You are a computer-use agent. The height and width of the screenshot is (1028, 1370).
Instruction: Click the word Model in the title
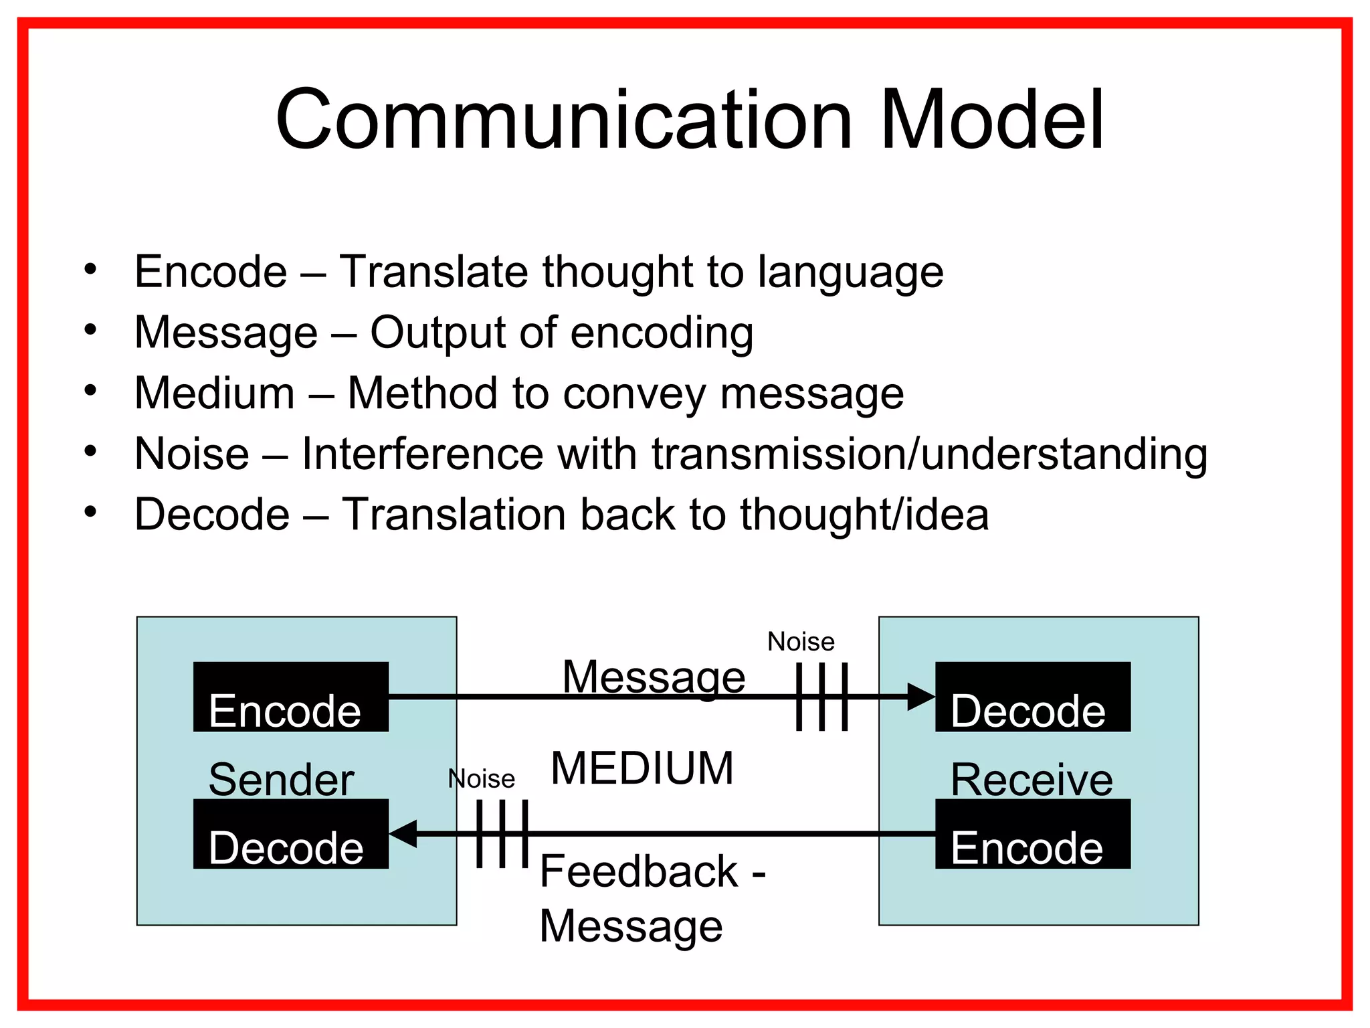(991, 120)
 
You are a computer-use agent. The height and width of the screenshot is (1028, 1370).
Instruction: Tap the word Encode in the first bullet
(211, 272)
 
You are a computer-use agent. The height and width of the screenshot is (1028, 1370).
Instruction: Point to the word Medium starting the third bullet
(215, 394)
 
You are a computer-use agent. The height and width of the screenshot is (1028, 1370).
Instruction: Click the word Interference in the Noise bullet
(422, 454)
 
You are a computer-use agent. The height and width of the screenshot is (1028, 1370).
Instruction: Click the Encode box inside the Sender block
(290, 697)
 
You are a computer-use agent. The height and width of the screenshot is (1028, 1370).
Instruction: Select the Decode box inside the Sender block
(290, 835)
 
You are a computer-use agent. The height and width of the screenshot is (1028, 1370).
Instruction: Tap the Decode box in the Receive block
(1032, 697)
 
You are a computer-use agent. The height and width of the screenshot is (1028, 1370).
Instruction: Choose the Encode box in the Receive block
(1032, 835)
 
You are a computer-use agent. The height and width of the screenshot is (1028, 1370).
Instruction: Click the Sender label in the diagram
(281, 780)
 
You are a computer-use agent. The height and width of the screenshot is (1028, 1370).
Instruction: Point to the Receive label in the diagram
(1032, 780)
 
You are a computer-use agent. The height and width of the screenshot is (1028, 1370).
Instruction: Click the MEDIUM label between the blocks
(642, 768)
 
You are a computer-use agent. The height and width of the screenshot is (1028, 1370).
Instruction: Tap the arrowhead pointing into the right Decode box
(922, 697)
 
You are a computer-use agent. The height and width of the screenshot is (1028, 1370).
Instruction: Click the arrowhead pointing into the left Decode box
(403, 834)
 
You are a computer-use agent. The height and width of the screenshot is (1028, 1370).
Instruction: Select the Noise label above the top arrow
(801, 642)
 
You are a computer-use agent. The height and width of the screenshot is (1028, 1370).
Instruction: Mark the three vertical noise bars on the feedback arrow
(502, 834)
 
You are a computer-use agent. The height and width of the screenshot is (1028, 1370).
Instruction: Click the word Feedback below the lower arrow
(639, 872)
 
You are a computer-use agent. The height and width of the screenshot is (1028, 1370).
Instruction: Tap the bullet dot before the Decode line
(90, 512)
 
